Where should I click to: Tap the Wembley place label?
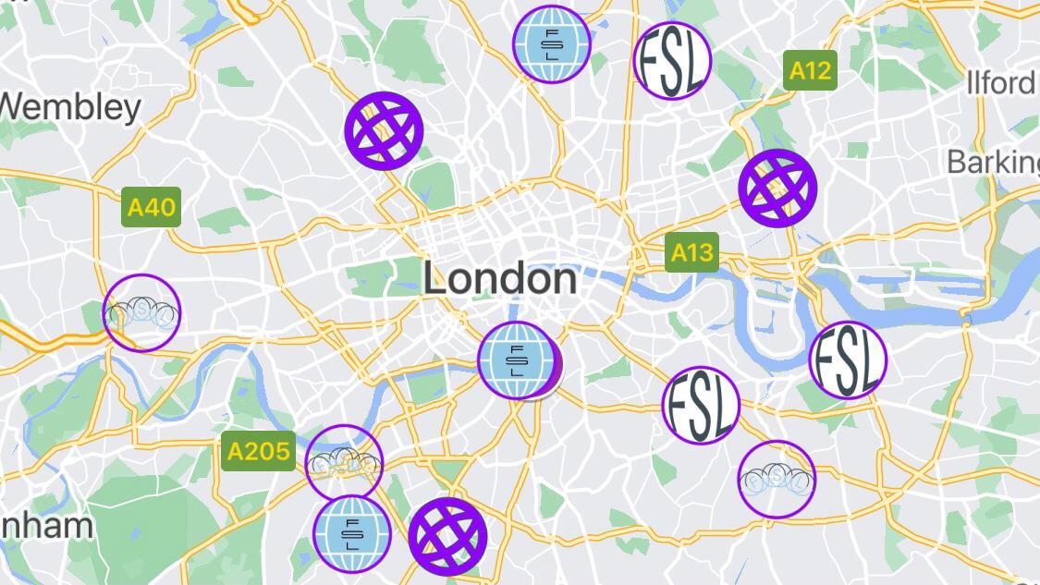(70, 107)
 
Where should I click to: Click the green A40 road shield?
(152, 207)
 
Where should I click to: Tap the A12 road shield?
(810, 71)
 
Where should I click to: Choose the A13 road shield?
(691, 252)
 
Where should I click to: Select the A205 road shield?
(258, 451)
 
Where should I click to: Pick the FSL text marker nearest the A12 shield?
(672, 61)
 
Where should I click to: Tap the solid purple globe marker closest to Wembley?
(384, 130)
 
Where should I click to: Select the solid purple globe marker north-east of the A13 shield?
(777, 188)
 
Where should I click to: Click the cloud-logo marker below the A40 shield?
(141, 313)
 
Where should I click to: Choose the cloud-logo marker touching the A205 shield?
(344, 462)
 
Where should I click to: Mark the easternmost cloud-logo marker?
(777, 479)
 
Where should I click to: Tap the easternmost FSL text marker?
(847, 360)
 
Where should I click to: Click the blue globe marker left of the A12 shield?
(552, 44)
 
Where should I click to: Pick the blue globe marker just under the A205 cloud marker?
(351, 534)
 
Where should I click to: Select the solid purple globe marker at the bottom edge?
(447, 536)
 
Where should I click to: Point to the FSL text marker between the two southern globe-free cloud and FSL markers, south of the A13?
(701, 405)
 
